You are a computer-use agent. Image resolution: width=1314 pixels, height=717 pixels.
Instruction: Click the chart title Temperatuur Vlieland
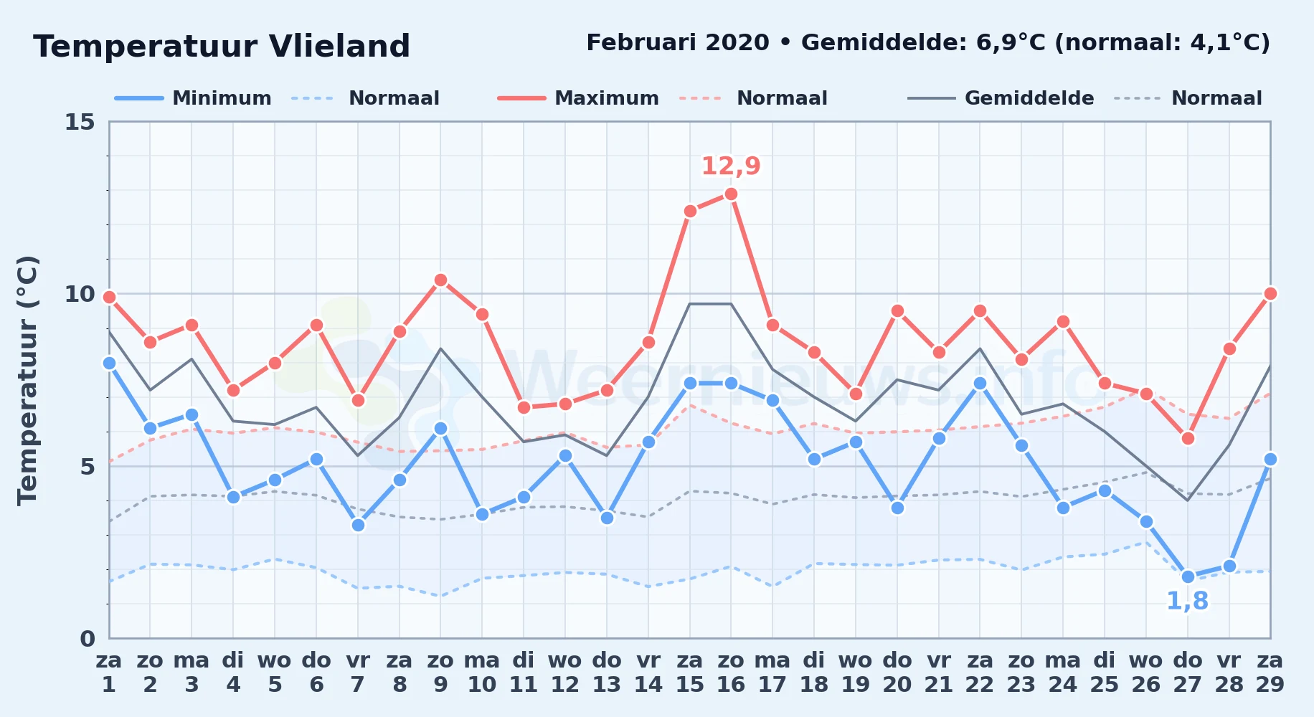pos(222,47)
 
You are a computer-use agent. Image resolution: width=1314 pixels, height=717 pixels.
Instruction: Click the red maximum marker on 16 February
pos(731,194)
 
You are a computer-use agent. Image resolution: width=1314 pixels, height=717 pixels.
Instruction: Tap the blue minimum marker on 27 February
pos(1188,576)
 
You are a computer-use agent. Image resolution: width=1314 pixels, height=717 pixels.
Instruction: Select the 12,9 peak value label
pos(731,166)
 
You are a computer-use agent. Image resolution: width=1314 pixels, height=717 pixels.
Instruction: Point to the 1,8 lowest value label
pos(1188,601)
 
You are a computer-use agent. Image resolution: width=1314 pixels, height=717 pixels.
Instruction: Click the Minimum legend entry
pos(193,98)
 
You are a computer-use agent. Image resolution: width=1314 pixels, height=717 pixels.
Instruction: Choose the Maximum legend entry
pos(578,98)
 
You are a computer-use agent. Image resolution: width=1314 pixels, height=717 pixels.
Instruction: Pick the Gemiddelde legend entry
pos(1001,98)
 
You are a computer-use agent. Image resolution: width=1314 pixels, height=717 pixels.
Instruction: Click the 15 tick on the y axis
pos(80,122)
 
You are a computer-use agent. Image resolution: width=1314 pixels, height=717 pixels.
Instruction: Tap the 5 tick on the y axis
pos(88,467)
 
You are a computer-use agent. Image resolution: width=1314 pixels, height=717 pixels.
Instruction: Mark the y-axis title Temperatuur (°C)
pos(27,380)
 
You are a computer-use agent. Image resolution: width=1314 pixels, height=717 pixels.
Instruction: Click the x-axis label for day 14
pos(648,672)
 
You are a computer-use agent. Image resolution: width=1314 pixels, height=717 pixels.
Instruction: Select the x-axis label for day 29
pos(1270,672)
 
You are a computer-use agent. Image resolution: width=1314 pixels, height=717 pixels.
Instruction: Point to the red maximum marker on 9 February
pos(440,280)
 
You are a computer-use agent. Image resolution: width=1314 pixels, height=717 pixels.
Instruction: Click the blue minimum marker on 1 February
pos(109,363)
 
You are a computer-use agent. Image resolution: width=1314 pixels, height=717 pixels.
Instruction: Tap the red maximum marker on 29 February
pos(1270,293)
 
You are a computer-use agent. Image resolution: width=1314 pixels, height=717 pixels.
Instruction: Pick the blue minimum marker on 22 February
pos(980,384)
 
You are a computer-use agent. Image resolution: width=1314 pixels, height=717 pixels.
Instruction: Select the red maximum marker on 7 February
pos(358,400)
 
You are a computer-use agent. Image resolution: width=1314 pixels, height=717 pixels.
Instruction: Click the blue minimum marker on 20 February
pos(897,508)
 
